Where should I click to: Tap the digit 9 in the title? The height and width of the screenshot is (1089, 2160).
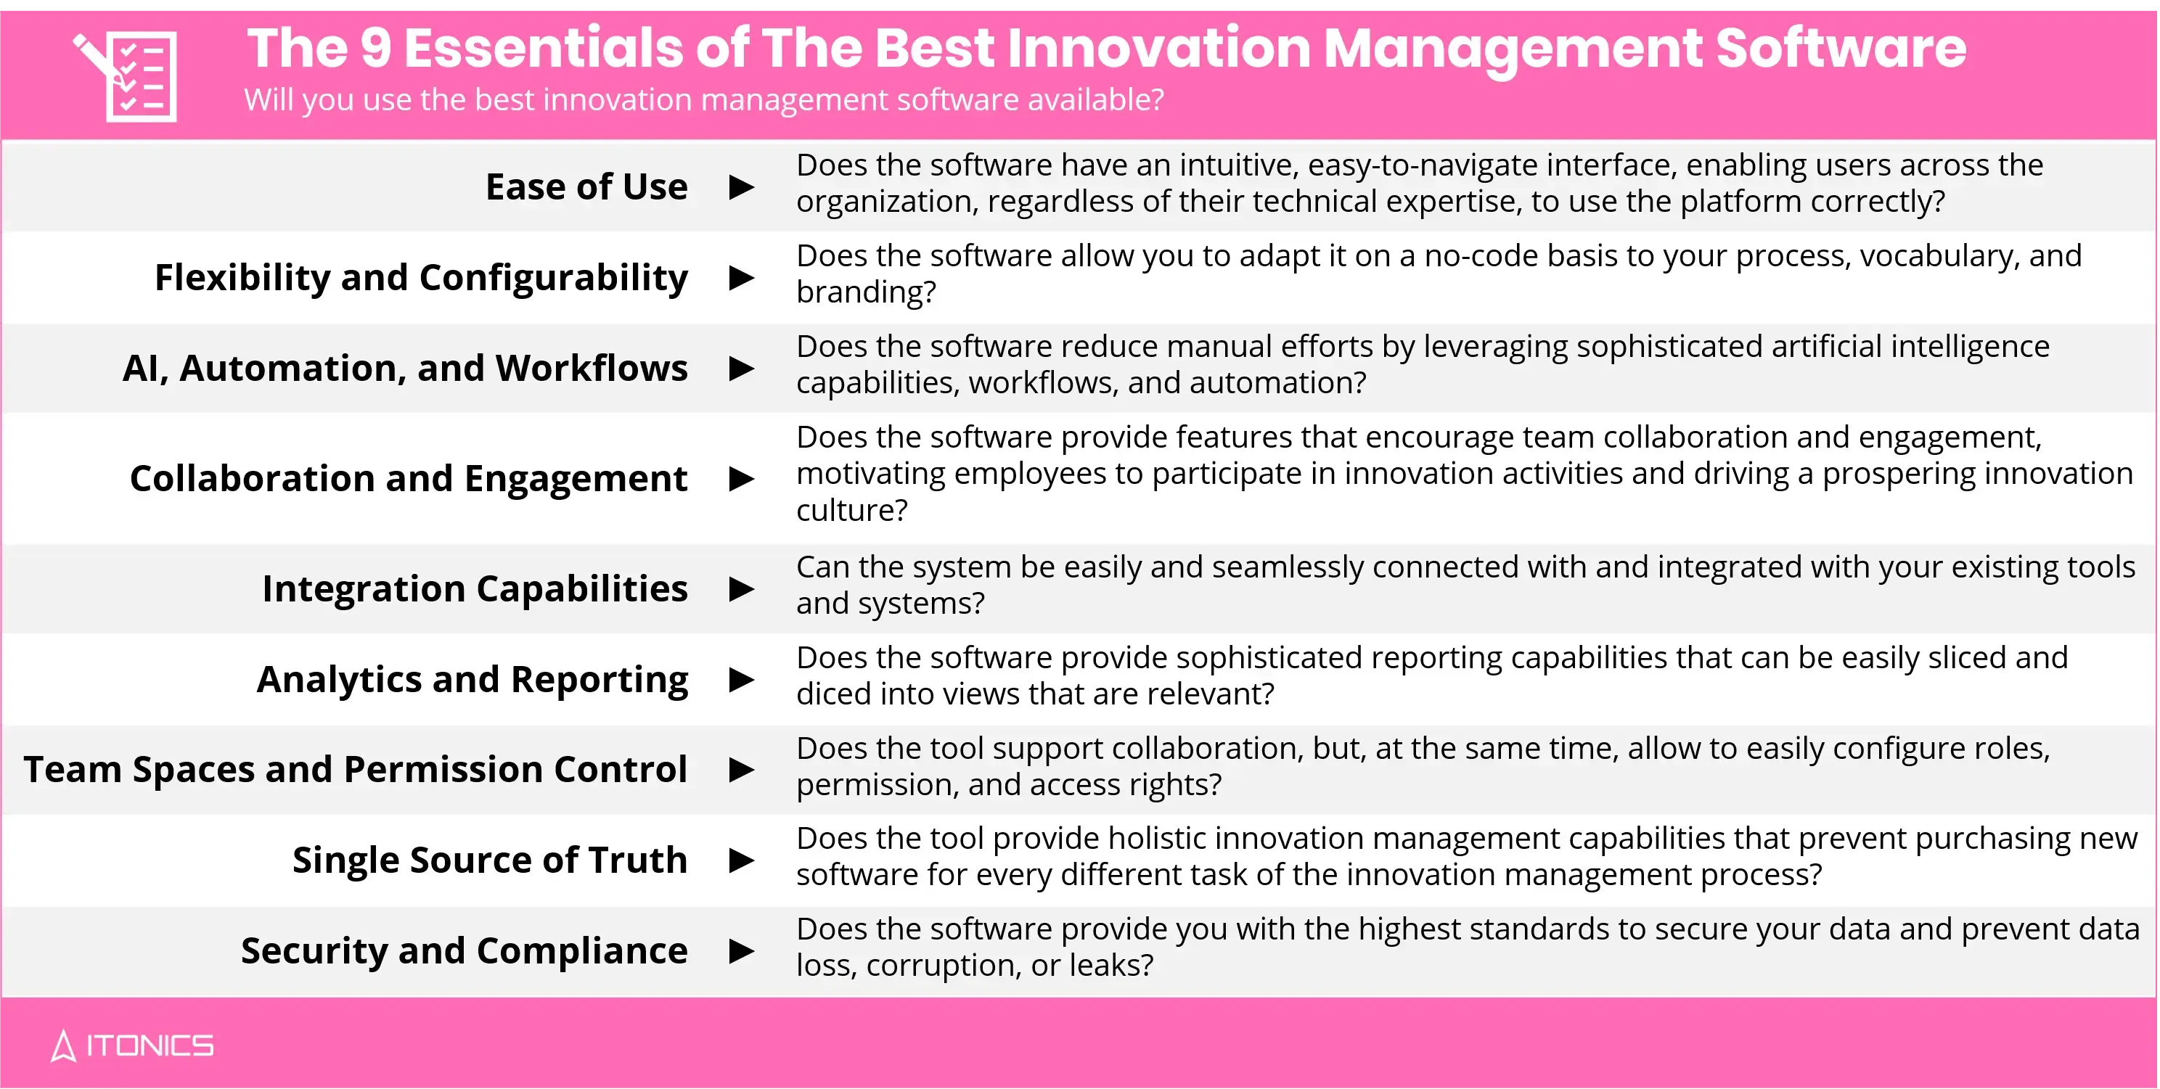(376, 49)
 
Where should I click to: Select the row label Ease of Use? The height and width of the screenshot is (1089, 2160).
(586, 186)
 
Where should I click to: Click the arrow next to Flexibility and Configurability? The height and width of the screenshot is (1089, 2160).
(741, 277)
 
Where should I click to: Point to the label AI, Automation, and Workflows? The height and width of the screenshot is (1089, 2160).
(405, 368)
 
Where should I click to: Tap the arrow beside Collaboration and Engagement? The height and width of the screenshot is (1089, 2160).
(741, 479)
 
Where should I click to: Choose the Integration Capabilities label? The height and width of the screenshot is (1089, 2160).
(475, 588)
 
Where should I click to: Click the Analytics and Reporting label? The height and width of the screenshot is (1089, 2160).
(472, 679)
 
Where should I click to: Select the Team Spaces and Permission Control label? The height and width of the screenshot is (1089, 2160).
(356, 770)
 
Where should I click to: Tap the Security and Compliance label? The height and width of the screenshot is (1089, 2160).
(464, 950)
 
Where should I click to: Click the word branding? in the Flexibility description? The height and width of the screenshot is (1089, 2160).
(865, 292)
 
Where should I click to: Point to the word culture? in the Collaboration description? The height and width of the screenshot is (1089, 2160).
(851, 510)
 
